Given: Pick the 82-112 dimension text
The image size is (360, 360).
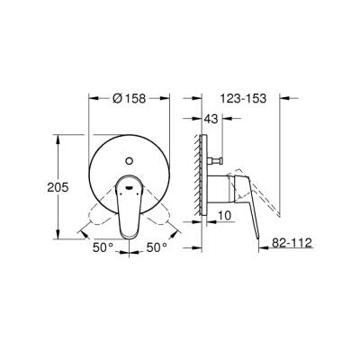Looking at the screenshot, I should click(x=292, y=243).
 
